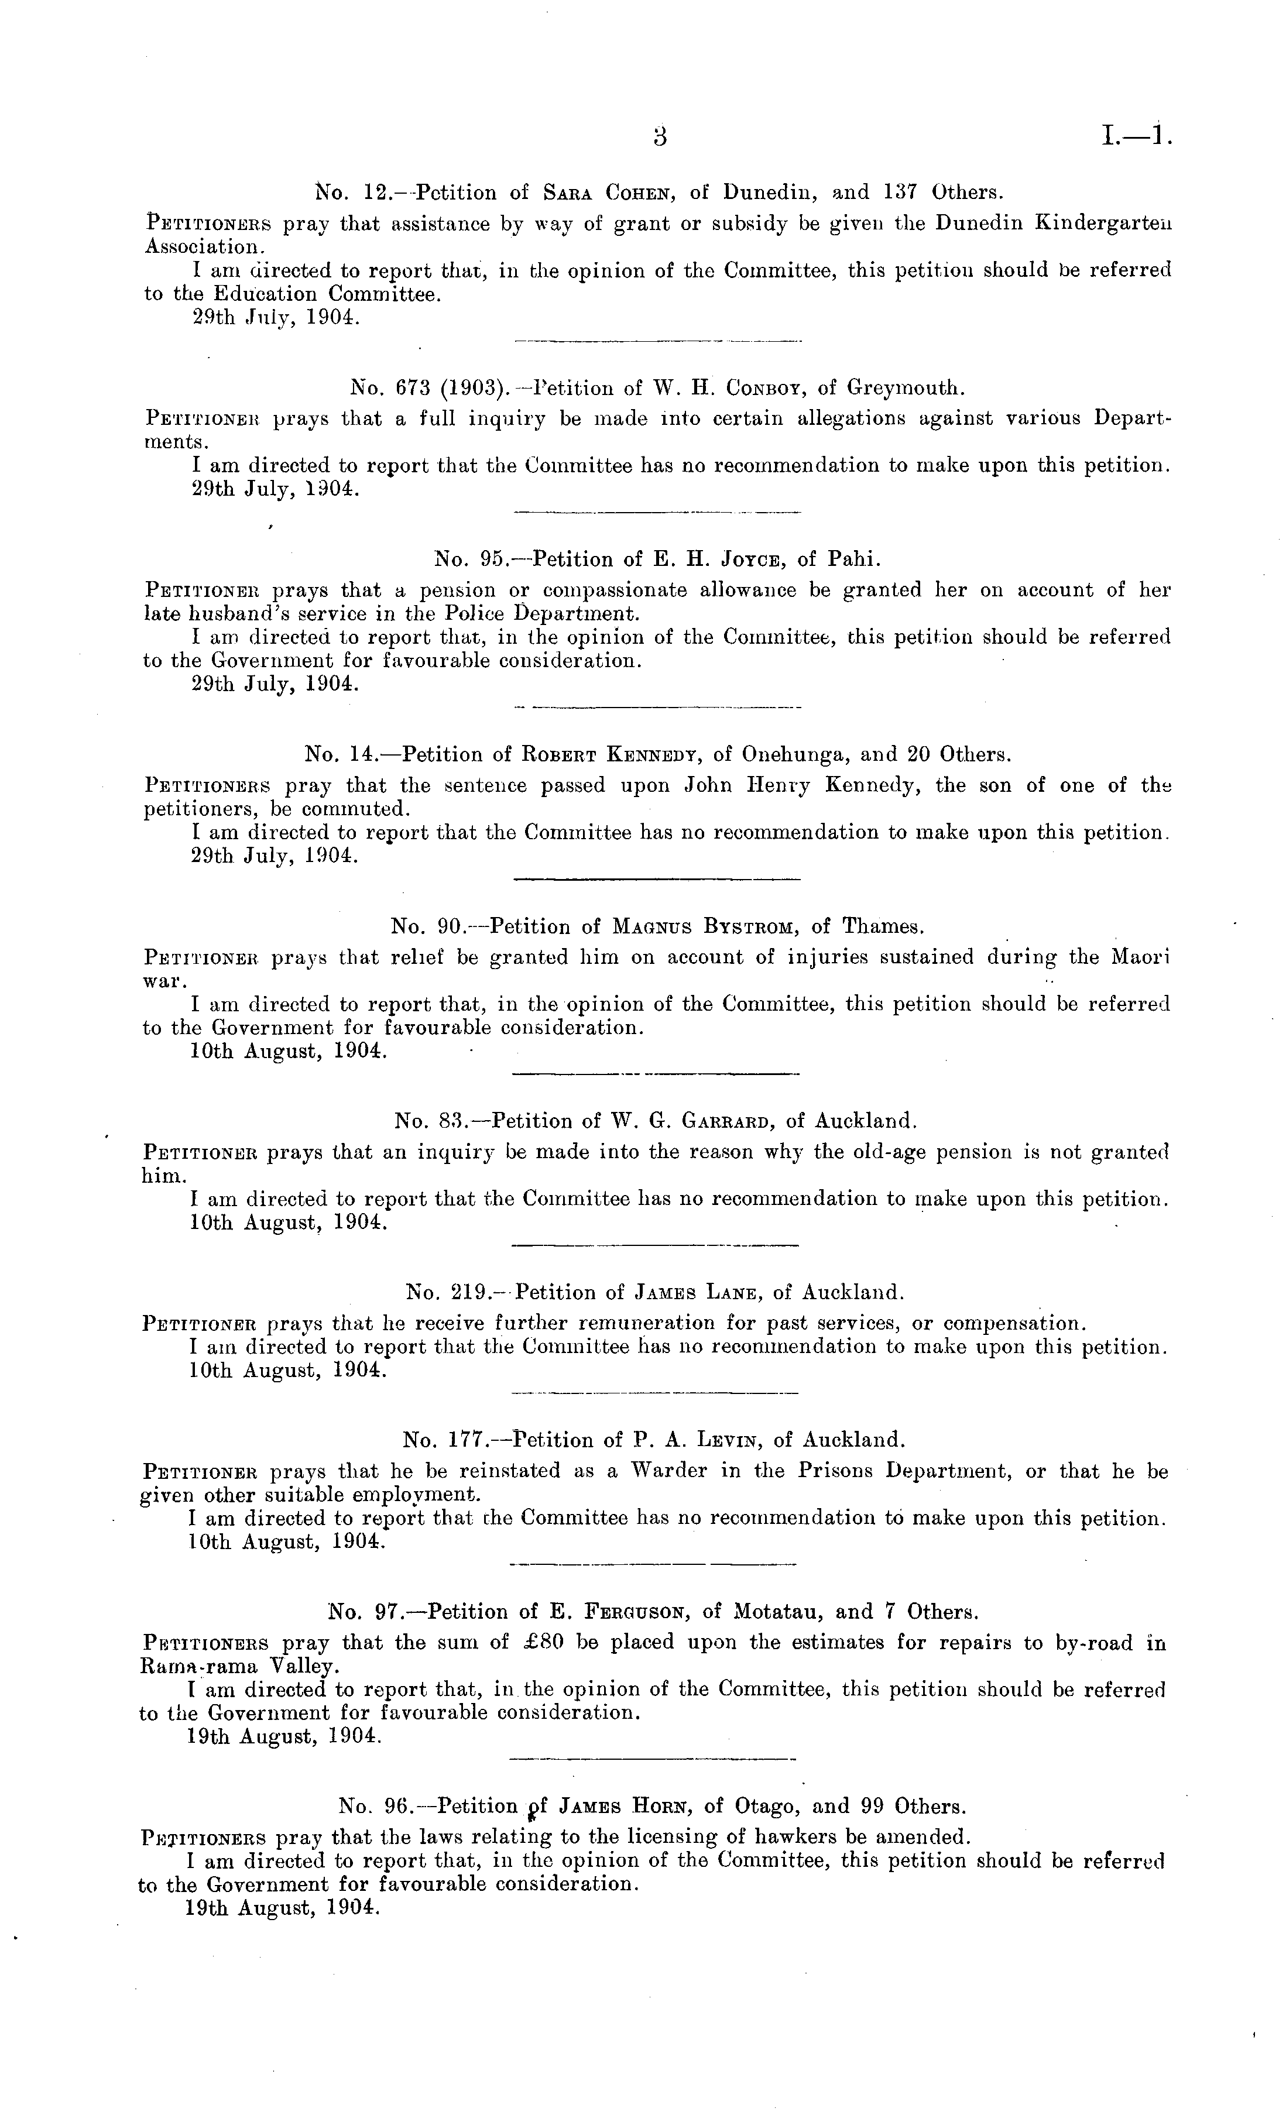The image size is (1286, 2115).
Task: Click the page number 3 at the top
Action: click(659, 138)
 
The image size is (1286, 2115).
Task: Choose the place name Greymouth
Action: click(906, 388)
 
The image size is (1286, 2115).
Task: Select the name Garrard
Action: click(725, 1121)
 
